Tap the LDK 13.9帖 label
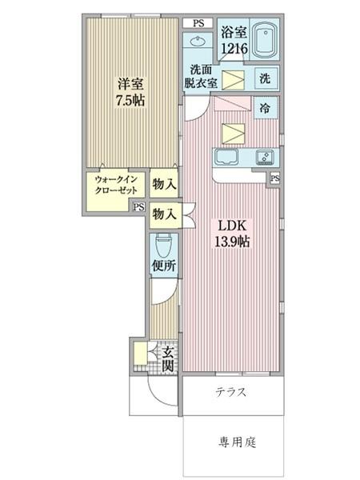[x=233, y=232]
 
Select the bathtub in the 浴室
[x=264, y=39]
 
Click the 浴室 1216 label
[x=234, y=40]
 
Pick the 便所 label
[x=162, y=265]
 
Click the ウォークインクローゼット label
[x=116, y=186]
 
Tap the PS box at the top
[x=198, y=23]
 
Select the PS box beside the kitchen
[x=274, y=178]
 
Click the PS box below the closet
[x=138, y=206]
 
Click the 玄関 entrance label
[x=167, y=358]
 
